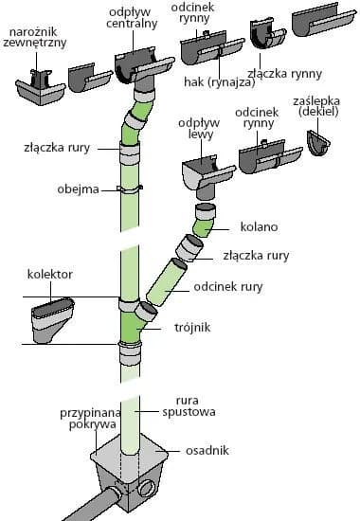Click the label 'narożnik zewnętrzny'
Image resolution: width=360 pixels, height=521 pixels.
35,37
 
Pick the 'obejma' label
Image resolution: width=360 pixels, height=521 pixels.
81,189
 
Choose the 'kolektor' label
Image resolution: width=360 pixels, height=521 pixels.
50,275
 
